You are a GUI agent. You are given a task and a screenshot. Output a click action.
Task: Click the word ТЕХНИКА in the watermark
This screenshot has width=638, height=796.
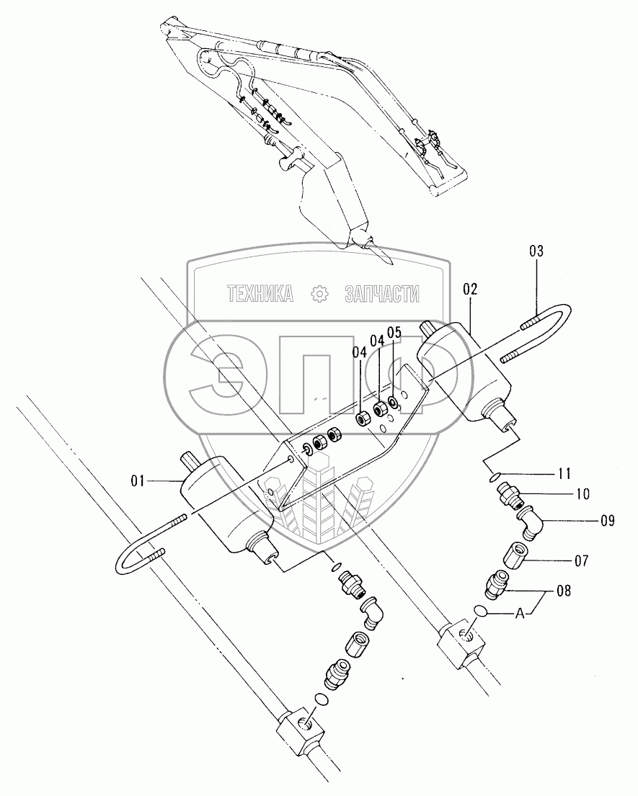click(x=260, y=293)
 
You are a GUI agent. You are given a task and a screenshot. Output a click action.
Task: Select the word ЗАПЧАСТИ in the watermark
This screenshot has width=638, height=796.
click(x=382, y=293)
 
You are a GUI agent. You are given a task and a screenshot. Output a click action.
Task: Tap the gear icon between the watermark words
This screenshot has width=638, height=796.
click(x=319, y=293)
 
